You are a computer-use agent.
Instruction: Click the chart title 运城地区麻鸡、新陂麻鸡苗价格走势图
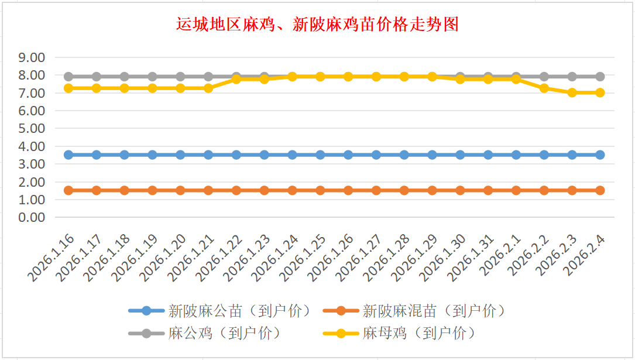pos(317,24)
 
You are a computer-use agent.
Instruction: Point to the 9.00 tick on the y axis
pos(32,57)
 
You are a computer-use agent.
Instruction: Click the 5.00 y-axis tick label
pos(32,128)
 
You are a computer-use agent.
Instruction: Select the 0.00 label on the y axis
pos(32,217)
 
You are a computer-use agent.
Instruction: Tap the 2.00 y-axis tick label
pos(32,181)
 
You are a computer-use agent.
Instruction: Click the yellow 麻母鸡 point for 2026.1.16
pos(68,88)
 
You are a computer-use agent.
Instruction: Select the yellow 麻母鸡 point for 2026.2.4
pos(600,92)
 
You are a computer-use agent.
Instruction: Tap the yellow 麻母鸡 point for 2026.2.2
pos(544,88)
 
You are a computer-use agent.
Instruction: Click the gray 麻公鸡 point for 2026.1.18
pos(125,77)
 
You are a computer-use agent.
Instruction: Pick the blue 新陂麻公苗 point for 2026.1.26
pos(348,155)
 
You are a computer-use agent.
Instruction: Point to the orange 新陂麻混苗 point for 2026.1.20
pos(180,190)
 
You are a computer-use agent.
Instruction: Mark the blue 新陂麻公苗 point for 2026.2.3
pos(572,155)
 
